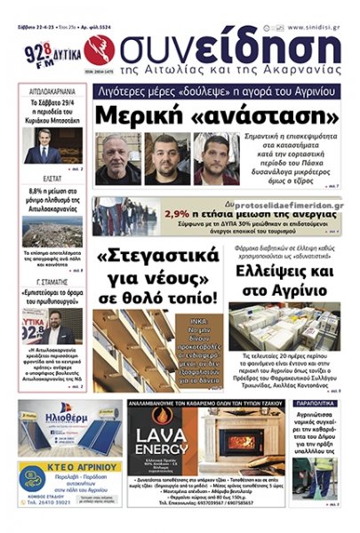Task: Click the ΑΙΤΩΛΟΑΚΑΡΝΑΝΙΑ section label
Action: pos(52,91)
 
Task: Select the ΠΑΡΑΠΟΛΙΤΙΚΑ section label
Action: pos(316,402)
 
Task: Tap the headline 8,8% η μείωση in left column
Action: pos(52,195)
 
